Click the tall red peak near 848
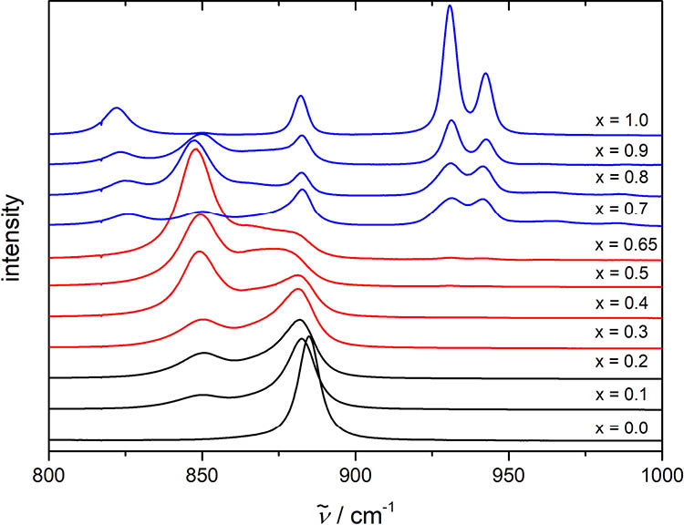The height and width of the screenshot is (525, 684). pos(194,149)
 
